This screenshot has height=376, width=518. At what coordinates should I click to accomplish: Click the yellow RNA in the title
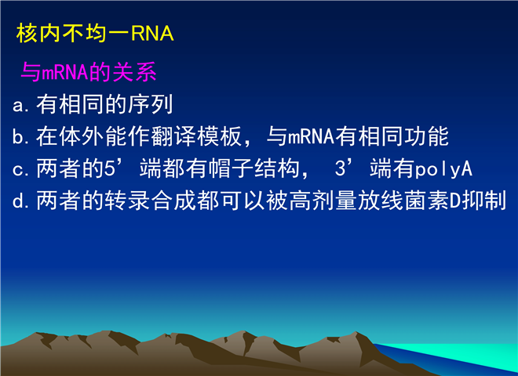coord(152,34)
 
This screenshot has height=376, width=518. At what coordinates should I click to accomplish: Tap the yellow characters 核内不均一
coord(73,34)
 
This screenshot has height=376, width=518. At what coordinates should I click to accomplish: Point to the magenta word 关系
coord(134,72)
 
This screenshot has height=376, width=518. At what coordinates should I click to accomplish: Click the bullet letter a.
coord(17,107)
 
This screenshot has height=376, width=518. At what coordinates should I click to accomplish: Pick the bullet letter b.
coord(17,136)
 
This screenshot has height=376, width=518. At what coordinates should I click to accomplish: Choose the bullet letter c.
coord(17,170)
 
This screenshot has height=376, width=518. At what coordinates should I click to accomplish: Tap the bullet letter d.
coord(17,201)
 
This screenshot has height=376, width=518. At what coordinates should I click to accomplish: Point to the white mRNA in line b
coord(311,136)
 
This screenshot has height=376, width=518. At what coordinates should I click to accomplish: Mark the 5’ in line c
coord(113,168)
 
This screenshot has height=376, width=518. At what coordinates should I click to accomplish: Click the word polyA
coord(443,169)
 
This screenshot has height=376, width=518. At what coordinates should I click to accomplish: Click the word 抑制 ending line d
coord(483,201)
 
